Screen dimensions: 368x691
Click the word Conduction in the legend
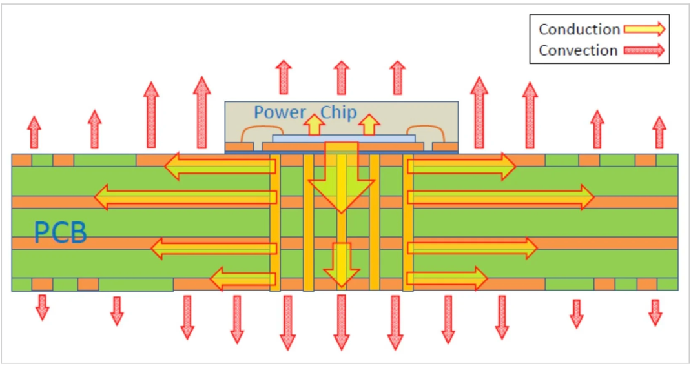(x=579, y=29)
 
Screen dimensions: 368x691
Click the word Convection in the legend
(x=578, y=50)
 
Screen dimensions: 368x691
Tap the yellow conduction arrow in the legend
(x=643, y=29)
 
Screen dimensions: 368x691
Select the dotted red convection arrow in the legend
(x=643, y=50)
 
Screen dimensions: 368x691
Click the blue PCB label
(x=60, y=233)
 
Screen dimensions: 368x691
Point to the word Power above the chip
(x=280, y=112)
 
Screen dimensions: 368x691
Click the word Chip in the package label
(x=338, y=112)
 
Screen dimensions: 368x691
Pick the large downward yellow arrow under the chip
(x=341, y=178)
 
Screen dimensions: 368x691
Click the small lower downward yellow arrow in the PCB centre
(x=341, y=263)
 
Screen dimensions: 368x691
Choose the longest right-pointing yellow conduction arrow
(x=500, y=197)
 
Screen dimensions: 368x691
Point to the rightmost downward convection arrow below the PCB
(x=655, y=312)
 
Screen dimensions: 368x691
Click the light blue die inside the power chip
(x=344, y=138)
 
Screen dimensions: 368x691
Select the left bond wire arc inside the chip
(x=254, y=132)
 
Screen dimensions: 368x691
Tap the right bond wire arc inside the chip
(x=430, y=132)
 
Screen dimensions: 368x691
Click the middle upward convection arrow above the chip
(x=342, y=77)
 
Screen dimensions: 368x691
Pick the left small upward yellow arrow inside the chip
(x=315, y=124)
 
